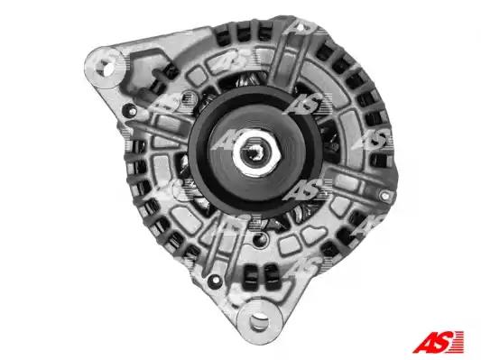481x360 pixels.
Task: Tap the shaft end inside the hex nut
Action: [254, 152]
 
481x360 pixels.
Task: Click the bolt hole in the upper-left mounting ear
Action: [104, 69]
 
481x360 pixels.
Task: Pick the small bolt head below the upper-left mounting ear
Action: [132, 111]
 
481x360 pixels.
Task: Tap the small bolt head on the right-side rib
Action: [384, 195]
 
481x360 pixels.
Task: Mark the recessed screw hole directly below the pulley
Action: [260, 238]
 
